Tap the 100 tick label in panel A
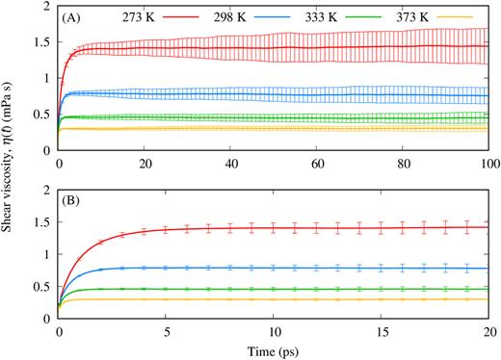pos(488,165)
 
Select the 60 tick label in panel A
pos(317,165)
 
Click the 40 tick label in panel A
pos(231,165)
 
